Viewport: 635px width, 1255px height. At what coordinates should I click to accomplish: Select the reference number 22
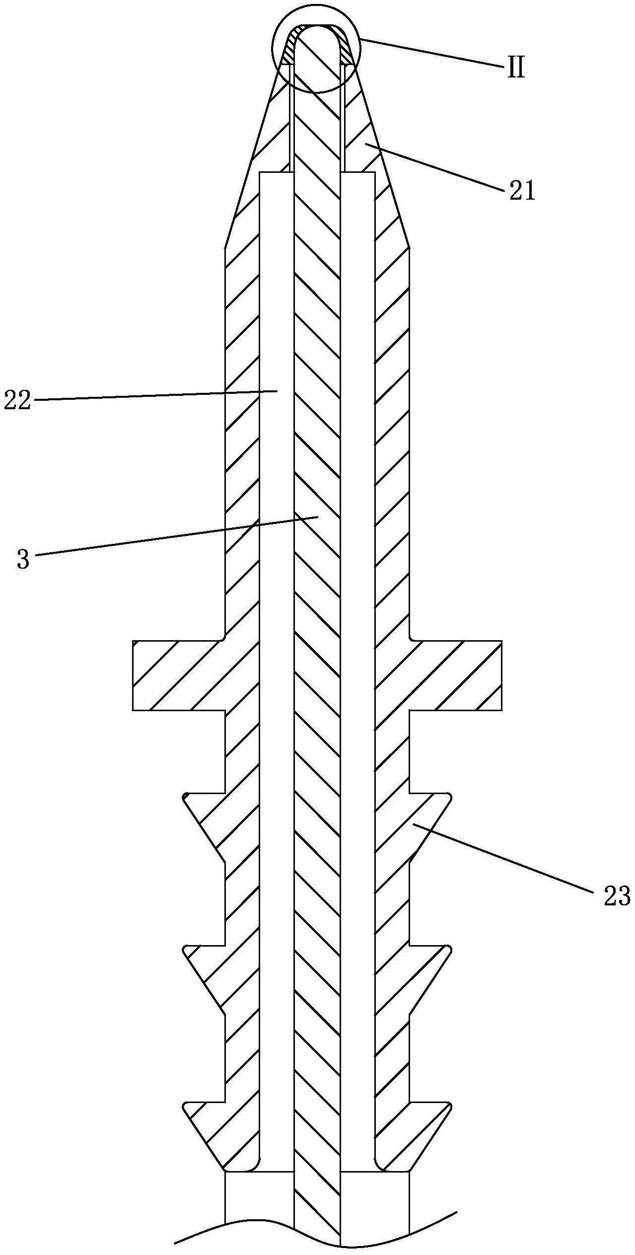click(17, 400)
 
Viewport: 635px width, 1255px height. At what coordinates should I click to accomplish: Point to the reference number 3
click(23, 559)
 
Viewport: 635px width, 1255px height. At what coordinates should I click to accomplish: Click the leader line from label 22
click(149, 395)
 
